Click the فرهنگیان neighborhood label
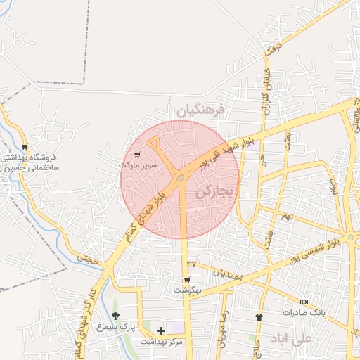(200, 111)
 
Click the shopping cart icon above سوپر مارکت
(136, 154)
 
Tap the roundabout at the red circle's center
(181, 179)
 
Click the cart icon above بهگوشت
(186, 279)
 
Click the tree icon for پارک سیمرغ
(116, 316)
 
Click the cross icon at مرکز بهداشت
(161, 330)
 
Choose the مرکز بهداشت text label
(161, 341)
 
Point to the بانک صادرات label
(302, 311)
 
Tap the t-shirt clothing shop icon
(259, 317)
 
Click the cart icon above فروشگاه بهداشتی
(25, 147)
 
